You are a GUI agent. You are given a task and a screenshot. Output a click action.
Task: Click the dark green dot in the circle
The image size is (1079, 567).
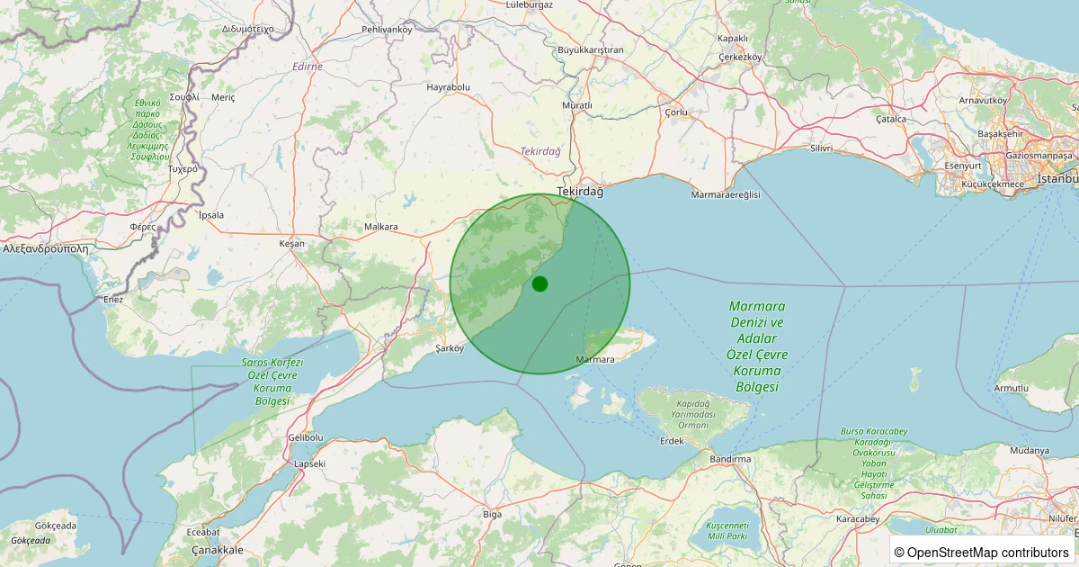pos(539,283)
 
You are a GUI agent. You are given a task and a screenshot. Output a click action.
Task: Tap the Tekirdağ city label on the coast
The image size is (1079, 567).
pos(581,192)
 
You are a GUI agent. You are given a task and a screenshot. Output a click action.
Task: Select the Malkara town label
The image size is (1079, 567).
pos(381,227)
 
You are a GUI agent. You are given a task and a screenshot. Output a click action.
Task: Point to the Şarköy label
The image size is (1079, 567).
pos(449,347)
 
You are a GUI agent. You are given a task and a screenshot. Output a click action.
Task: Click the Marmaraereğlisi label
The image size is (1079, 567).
pos(726,195)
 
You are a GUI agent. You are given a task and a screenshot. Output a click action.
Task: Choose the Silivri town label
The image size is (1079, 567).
pos(822,148)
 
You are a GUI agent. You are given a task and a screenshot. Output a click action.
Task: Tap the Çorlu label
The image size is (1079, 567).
pos(675,112)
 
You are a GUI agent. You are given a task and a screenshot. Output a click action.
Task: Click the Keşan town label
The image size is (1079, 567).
pos(292,244)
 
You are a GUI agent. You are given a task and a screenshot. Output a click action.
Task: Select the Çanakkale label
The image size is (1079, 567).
pos(218,549)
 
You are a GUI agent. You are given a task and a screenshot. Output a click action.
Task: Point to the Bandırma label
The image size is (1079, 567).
pos(729,459)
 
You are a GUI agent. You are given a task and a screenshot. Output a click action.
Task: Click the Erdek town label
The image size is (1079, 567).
pos(672,441)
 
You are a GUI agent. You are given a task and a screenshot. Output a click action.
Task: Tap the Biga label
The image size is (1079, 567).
pos(492,514)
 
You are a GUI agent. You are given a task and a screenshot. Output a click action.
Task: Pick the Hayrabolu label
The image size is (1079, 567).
pos(449,87)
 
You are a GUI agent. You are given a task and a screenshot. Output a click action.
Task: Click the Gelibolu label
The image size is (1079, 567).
pos(305,437)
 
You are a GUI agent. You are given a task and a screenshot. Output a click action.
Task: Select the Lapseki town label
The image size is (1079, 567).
pos(310,463)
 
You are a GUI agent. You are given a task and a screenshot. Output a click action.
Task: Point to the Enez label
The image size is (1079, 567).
pos(113,299)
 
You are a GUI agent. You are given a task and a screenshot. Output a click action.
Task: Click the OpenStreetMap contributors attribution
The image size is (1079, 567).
pos(982,552)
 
